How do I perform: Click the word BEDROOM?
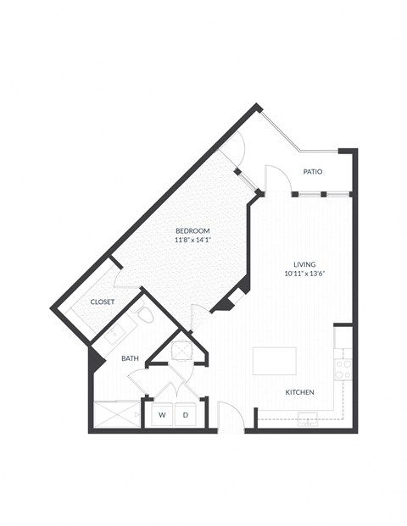point(192,231)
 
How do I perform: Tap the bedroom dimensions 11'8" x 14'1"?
point(192,241)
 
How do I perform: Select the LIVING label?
point(304,263)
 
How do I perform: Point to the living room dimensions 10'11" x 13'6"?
point(304,274)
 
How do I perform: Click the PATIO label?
point(312,172)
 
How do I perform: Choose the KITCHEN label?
point(300,392)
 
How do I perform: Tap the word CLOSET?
point(103,302)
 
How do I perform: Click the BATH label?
point(130,358)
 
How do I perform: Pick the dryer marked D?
point(185,415)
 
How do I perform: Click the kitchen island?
point(275,360)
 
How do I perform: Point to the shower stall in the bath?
point(116,415)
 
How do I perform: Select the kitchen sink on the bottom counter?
point(307,419)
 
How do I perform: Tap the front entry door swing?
point(231,417)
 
